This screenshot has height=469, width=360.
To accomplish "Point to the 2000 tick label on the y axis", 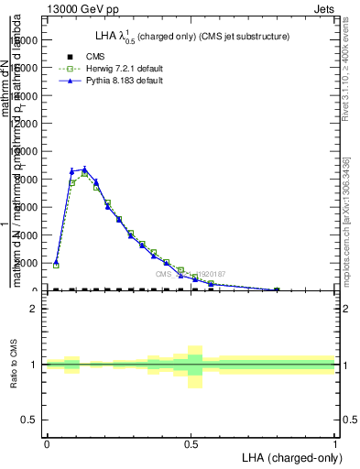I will (x=29, y=263).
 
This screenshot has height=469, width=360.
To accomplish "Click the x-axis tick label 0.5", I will (x=191, y=443).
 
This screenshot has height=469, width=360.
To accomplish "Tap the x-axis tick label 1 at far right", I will (x=334, y=443).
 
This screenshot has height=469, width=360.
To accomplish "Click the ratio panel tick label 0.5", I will (x=30, y=420).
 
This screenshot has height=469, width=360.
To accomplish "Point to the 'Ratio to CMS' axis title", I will (x=14, y=365).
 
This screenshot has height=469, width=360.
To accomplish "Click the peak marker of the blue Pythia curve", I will (x=84, y=169).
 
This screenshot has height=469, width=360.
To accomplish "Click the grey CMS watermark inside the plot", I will (x=190, y=274).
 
